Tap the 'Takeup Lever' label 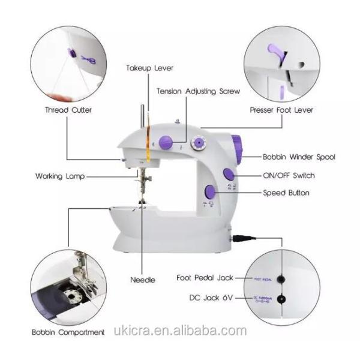(x=149, y=68)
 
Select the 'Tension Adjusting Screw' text (x=198, y=92)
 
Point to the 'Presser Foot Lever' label (x=281, y=110)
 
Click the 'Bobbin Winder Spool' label (x=299, y=157)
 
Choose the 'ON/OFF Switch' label (x=288, y=176)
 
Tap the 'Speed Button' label (x=286, y=193)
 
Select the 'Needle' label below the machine (x=143, y=280)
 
